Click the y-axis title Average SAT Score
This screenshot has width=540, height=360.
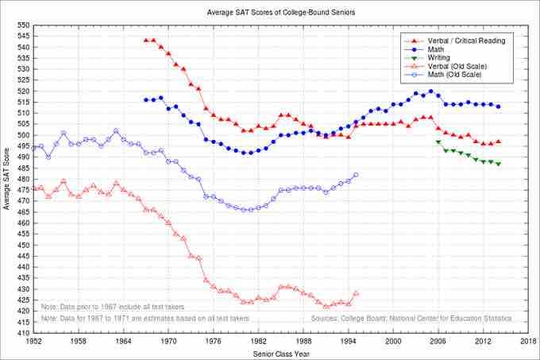[7, 179]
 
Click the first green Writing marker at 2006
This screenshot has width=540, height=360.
[438, 141]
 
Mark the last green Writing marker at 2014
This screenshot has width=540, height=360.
[498, 164]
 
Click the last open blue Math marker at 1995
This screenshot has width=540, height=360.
[356, 175]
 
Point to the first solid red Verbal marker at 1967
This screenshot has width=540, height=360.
[146, 41]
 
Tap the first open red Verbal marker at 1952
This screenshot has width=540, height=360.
[33, 188]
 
